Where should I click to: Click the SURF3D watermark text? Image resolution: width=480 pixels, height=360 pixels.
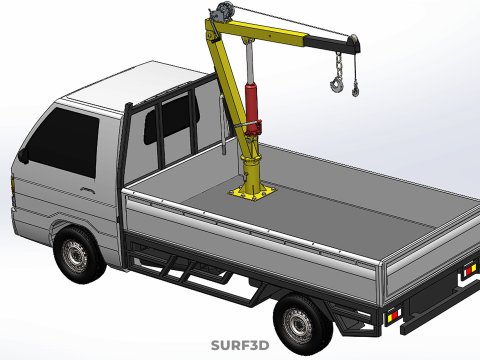point(240,345)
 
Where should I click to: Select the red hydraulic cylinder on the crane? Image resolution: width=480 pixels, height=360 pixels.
point(253,109)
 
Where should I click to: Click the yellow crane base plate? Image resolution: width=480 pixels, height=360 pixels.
point(252,192)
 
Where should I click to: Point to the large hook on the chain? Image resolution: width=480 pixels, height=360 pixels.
point(337,84)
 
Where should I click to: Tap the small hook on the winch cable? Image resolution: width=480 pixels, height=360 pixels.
point(356,90)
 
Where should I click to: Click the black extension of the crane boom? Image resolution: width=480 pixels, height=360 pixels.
point(332,44)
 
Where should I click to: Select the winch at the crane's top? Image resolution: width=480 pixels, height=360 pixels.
point(222,12)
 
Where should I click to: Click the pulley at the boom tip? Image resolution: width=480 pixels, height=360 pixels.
point(354,41)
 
